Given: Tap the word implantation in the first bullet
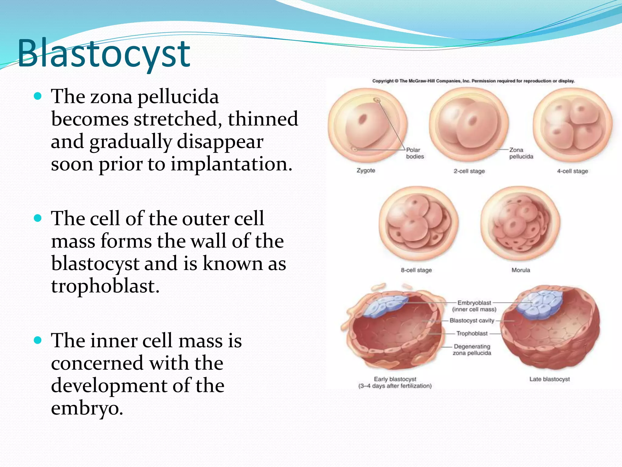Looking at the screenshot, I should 229,164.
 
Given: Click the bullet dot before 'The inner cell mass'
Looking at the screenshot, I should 38,340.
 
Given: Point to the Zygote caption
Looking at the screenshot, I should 366,171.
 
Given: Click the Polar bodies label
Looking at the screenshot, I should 415,153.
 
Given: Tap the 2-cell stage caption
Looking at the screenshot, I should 469,171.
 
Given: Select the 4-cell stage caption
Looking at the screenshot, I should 572,171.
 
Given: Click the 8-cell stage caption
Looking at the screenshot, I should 416,270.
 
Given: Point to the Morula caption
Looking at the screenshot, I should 521,270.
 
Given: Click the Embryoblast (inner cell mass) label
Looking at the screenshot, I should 474,306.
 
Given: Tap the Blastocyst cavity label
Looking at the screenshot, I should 472,320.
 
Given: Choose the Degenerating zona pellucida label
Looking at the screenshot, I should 472,350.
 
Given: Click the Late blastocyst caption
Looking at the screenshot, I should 549,379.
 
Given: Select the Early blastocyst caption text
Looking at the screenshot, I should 395,382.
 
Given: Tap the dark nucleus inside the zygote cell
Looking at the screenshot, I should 362,119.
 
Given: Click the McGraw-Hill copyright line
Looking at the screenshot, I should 473,81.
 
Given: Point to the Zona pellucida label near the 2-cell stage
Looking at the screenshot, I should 521,153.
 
